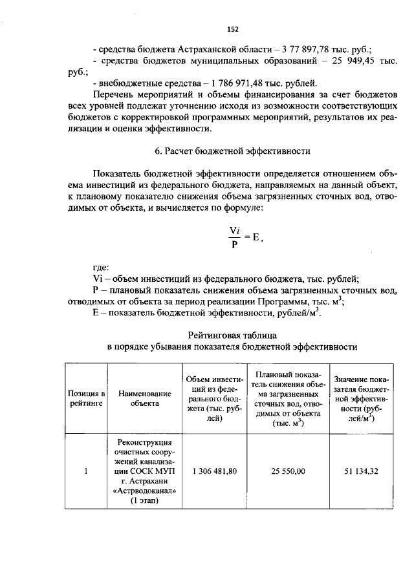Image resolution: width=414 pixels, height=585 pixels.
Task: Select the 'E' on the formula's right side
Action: pyautogui.click(x=256, y=237)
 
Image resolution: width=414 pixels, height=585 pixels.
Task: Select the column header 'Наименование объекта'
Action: pyautogui.click(x=144, y=398)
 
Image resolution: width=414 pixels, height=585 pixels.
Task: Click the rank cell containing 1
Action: pyautogui.click(x=85, y=471)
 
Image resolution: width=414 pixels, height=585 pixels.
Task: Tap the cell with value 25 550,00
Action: pyautogui.click(x=289, y=471)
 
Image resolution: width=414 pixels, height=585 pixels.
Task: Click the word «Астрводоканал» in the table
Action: pyautogui.click(x=145, y=491)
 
